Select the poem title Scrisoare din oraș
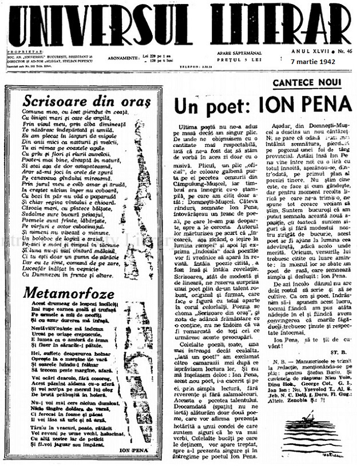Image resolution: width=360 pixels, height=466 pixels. pyautogui.click(x=87, y=101)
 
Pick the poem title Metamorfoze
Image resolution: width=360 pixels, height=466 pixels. pyautogui.click(x=61, y=294)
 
